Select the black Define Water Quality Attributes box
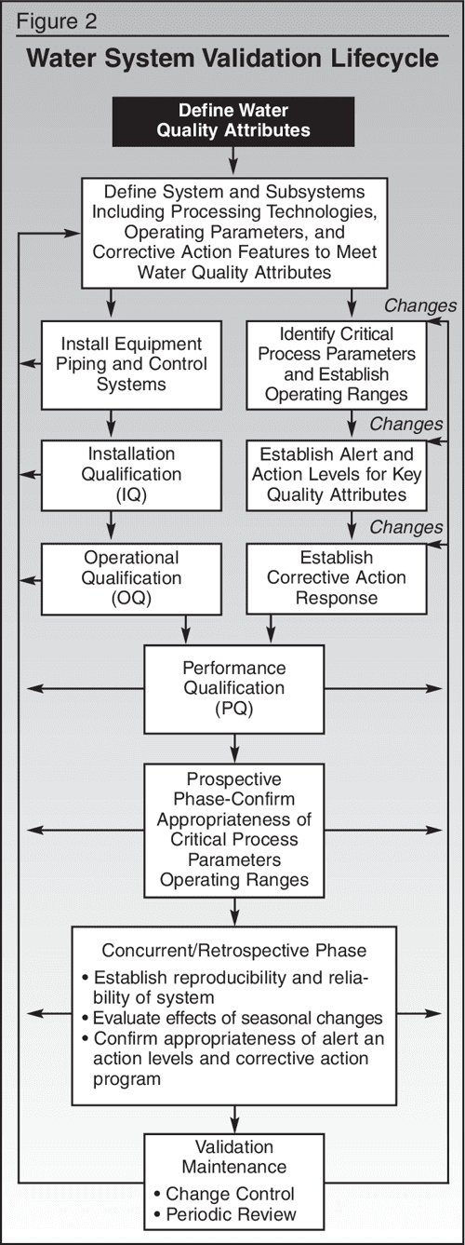click(x=232, y=120)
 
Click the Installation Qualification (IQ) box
click(x=113, y=474)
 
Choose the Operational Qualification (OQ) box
click(x=113, y=579)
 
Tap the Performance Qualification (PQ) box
click(x=233, y=688)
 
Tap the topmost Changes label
click(x=420, y=304)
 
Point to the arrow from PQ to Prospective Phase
click(x=233, y=747)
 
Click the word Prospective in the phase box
click(x=233, y=778)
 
